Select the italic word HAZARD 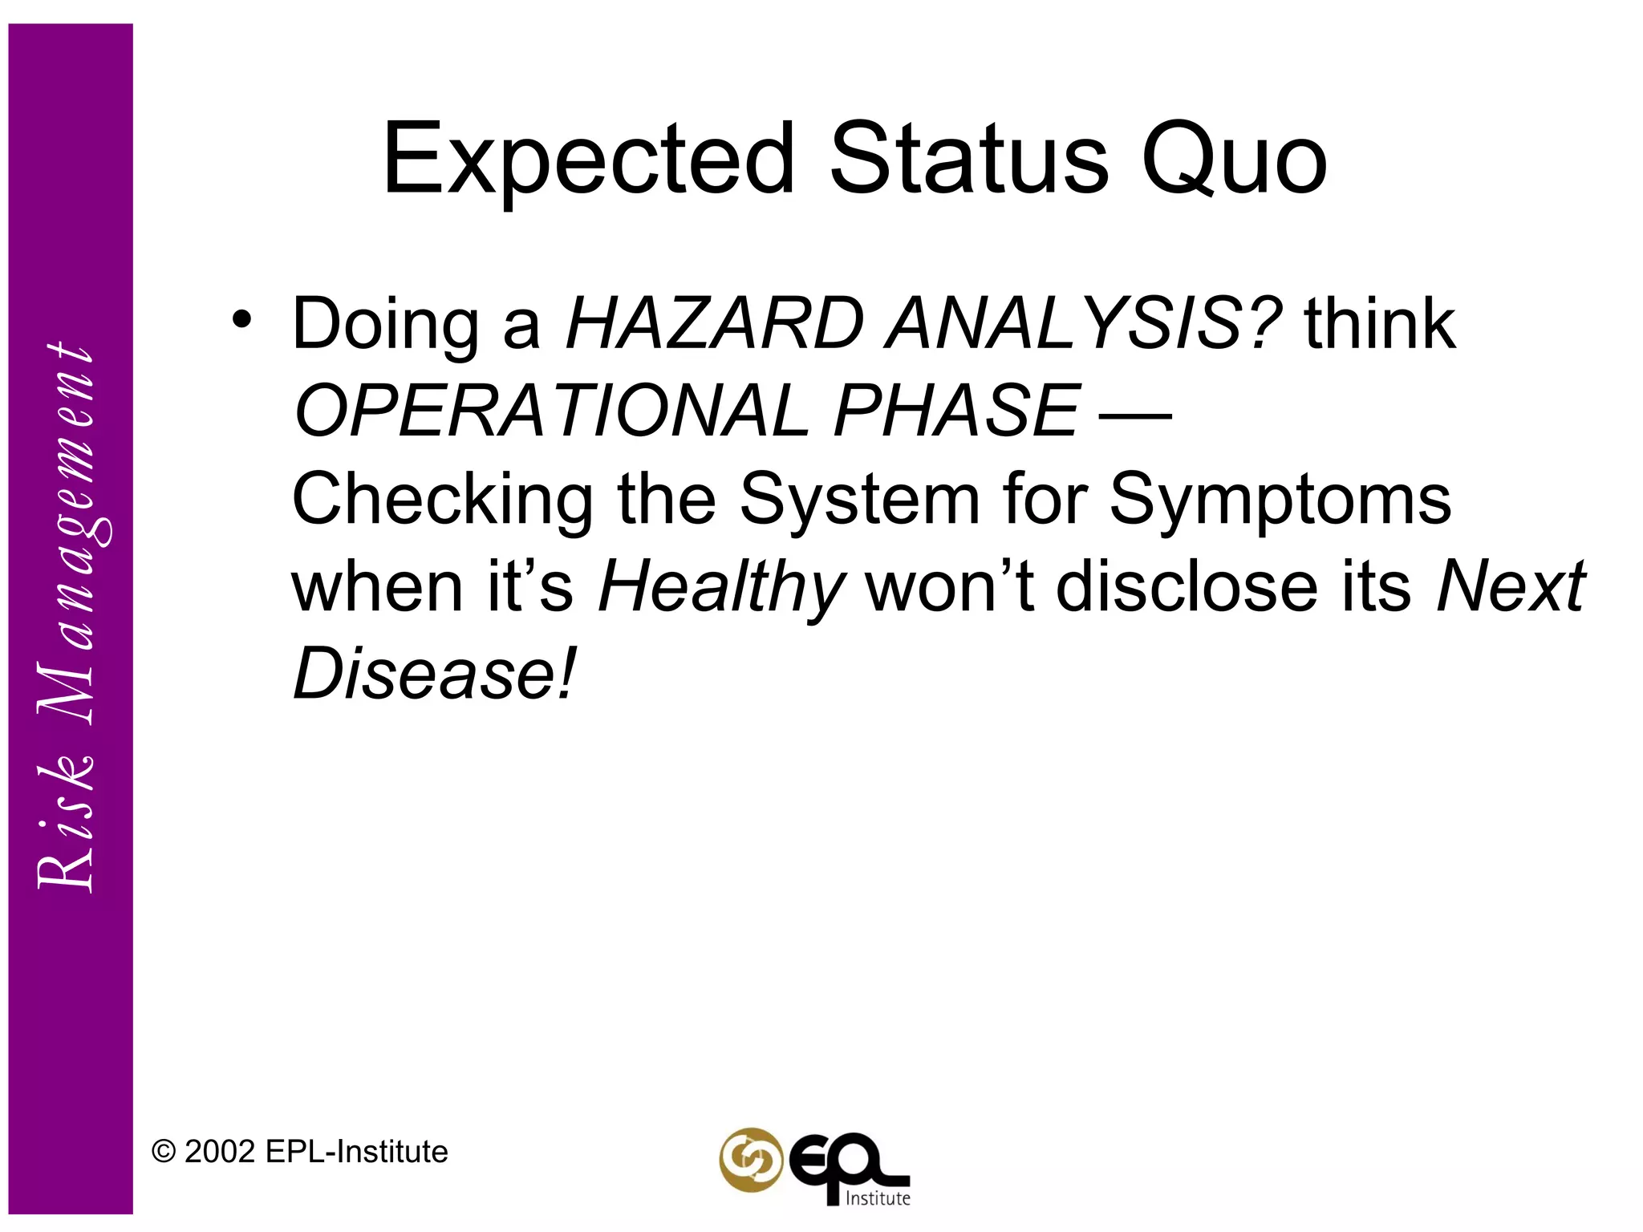715,325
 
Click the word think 1380,325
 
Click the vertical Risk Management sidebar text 67,618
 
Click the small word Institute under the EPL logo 878,1198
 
